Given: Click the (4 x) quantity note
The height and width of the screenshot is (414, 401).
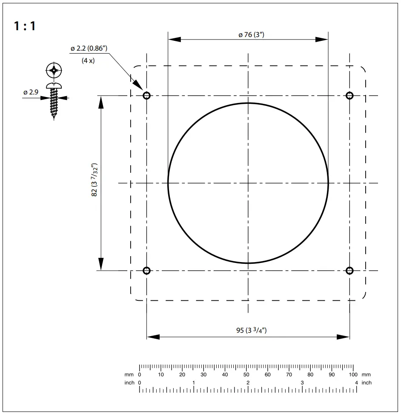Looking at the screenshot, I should click(88, 60).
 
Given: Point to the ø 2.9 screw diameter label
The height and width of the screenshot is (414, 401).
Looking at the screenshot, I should click(31, 92).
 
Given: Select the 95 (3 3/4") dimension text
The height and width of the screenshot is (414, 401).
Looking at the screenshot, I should click(251, 331).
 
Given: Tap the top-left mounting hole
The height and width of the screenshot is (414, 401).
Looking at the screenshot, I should click(147, 95).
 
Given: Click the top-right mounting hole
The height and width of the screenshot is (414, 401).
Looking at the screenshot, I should click(349, 95).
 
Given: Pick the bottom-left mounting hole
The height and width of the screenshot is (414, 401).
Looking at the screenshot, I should click(147, 271).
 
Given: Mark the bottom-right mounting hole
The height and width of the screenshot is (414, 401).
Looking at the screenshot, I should click(349, 271).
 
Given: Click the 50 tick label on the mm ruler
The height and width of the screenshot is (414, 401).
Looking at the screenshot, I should click(246, 375).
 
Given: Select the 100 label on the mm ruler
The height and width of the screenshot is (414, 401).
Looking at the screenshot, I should click(353, 375).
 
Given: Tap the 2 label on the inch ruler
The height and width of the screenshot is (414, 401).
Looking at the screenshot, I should click(248, 383).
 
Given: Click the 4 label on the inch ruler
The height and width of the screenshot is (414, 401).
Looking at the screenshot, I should click(356, 383).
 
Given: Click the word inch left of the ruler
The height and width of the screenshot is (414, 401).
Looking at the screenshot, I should click(129, 383).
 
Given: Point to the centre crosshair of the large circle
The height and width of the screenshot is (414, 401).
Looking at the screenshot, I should click(248, 183).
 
